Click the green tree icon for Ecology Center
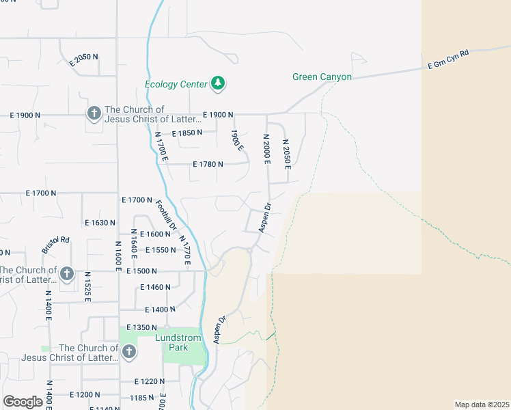tap(218, 83)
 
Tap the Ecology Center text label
tap(176, 84)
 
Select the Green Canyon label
tap(322, 77)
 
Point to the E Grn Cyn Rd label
tap(448, 59)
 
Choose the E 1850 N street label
tap(187, 133)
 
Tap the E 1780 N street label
tap(208, 164)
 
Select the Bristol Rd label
tap(56, 245)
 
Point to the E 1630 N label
tap(100, 223)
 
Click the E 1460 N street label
tap(154, 287)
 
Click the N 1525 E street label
tap(88, 288)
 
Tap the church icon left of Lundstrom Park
tap(128, 352)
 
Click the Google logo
tap(22, 402)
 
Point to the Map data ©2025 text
tap(482, 405)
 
